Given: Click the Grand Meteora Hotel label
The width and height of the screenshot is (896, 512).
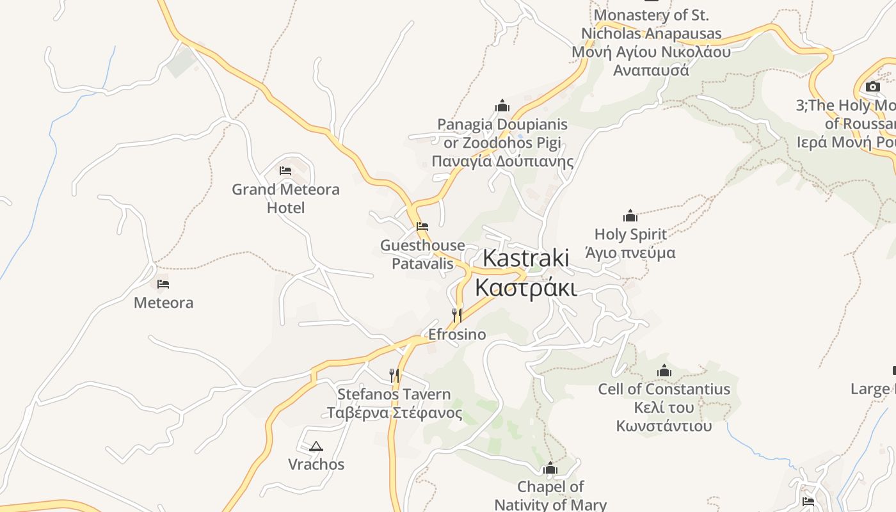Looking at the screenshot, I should [285, 198].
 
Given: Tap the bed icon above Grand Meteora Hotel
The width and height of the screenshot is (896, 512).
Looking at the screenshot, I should [285, 171].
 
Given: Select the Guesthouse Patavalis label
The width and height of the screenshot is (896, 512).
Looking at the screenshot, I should [422, 254].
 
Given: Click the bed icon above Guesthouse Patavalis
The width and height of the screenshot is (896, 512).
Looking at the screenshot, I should [422, 227].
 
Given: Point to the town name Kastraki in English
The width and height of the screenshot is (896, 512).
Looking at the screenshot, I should [525, 258].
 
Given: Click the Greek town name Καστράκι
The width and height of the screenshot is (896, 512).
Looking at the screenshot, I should [525, 288].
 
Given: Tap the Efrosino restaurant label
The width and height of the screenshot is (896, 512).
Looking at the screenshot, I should [457, 334].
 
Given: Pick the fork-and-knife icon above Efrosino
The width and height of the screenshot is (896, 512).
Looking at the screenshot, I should [456, 315].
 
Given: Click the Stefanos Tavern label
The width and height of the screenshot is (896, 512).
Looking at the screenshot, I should [394, 394].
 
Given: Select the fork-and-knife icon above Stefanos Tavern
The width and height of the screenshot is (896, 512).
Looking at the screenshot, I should [394, 375].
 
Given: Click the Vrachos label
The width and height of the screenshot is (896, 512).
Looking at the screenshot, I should [316, 464].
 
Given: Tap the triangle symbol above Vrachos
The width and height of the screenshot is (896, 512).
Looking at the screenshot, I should [316, 446].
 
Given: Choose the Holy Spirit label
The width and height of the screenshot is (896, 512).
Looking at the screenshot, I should [630, 234].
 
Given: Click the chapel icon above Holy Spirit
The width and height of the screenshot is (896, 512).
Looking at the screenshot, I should [630, 216].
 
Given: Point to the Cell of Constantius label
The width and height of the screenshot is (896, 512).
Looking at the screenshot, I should [664, 389].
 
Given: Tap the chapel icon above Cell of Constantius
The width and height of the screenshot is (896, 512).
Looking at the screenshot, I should [664, 371].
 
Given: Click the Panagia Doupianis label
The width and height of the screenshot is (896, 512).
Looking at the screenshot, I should [502, 124].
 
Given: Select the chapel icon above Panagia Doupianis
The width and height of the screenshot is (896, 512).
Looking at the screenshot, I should [502, 106].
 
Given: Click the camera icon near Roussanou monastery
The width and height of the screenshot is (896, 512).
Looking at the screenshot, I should [873, 86].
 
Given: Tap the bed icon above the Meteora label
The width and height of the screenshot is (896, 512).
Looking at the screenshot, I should [163, 284].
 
